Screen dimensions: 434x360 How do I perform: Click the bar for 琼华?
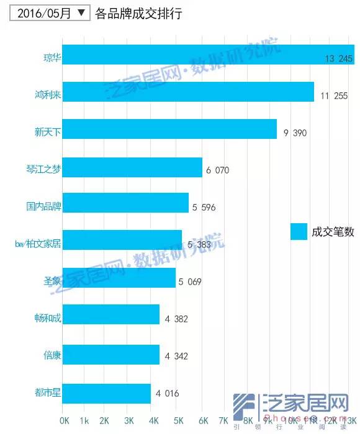click(x=208, y=55)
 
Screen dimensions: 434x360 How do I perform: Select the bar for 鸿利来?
click(x=188, y=92)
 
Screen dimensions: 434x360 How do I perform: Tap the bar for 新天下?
click(x=169, y=129)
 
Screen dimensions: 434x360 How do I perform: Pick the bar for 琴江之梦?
click(x=132, y=167)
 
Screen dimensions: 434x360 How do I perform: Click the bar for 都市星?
click(x=106, y=392)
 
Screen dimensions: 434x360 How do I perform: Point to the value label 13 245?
click(x=339, y=59)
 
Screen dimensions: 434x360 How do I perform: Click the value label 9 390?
click(x=295, y=133)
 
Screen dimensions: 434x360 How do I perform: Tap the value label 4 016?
click(x=168, y=392)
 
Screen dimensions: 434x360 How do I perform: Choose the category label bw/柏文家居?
click(x=37, y=242)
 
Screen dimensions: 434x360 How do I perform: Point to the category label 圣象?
click(x=52, y=280)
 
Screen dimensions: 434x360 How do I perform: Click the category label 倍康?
click(x=52, y=355)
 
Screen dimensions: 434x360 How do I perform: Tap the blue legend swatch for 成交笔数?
click(x=299, y=231)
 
